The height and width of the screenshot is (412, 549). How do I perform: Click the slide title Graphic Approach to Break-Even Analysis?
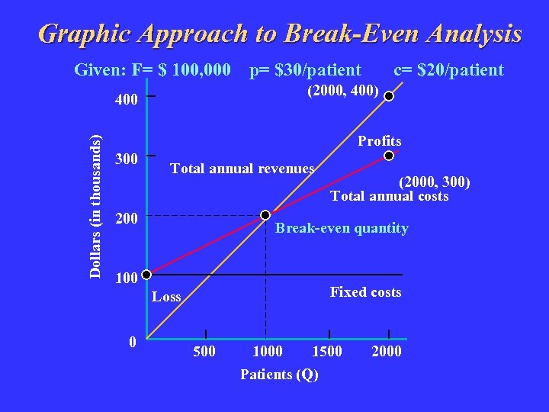tap(280, 34)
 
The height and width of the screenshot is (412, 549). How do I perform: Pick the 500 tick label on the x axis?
tap(204, 352)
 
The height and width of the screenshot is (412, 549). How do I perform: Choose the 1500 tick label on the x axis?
tap(328, 352)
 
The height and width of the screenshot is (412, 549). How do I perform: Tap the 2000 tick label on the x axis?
tap(386, 352)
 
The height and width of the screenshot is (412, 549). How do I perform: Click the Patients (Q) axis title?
tap(279, 374)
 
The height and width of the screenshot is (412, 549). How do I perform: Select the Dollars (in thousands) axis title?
tap(96, 206)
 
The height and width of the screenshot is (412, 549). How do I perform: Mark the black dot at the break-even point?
tap(265, 216)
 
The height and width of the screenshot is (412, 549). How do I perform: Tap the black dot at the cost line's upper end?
tap(388, 156)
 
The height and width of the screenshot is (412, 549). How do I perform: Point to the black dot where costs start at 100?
tap(148, 275)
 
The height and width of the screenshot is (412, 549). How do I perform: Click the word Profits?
tap(380, 141)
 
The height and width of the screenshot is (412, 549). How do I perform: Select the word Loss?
tap(166, 297)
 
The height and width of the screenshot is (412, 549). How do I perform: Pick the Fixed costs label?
tap(365, 292)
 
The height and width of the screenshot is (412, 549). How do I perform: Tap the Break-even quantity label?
tap(342, 228)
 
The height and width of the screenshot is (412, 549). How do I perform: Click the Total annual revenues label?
tap(242, 169)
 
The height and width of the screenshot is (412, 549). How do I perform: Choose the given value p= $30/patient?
tap(306, 70)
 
